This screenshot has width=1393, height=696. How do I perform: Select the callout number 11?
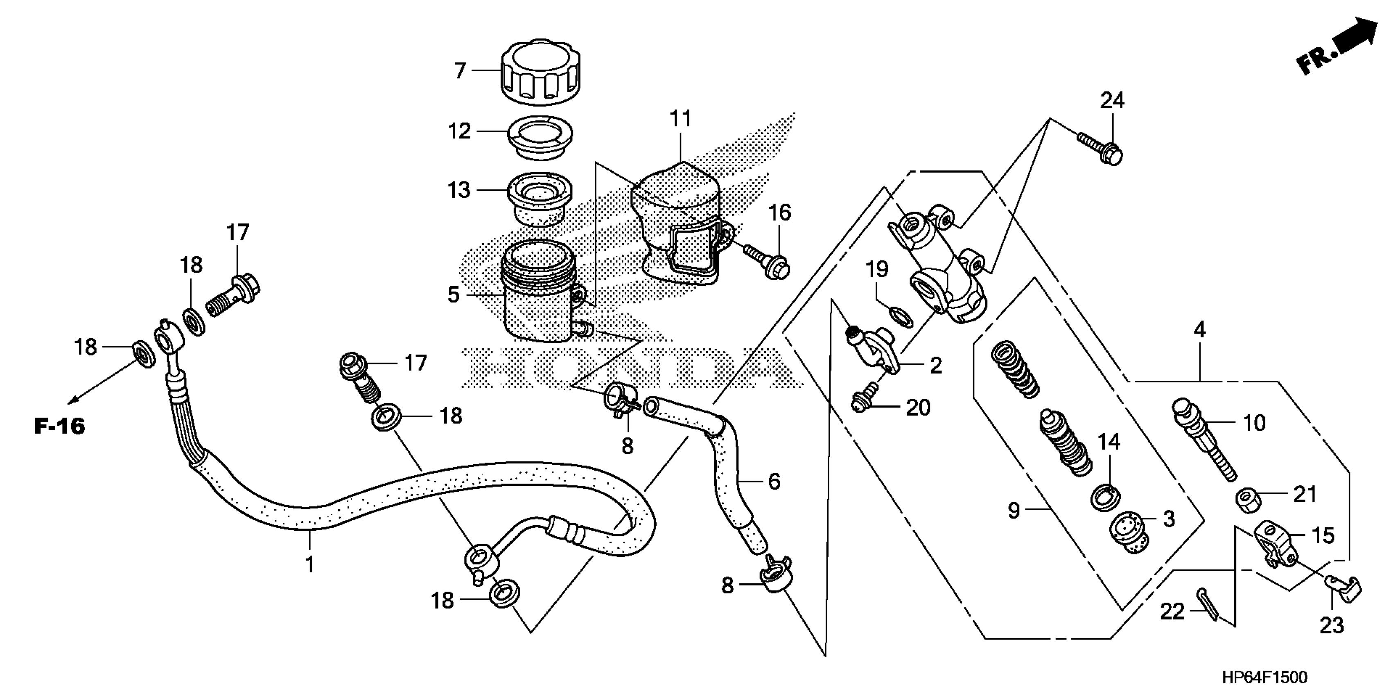[680, 118]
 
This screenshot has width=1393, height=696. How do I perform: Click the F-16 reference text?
[59, 427]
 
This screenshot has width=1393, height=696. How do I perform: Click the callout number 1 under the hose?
[309, 564]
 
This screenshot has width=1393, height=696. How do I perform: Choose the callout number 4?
[1199, 330]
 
